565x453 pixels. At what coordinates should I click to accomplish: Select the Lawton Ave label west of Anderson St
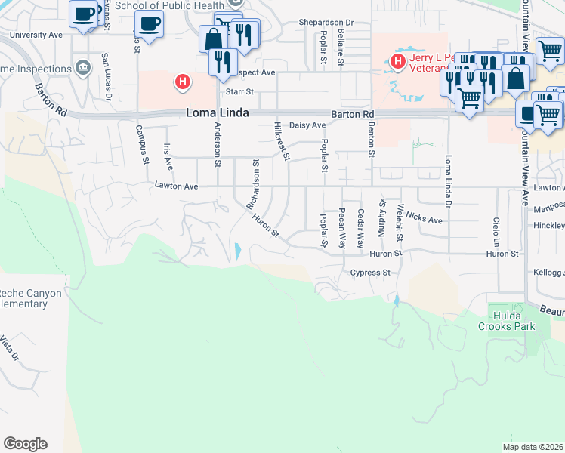click(176, 185)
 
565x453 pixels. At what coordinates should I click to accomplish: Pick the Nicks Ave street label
click(424, 218)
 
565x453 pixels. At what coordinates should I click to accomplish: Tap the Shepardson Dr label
click(326, 23)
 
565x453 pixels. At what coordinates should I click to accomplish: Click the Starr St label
click(239, 91)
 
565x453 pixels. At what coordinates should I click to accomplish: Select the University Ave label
click(36, 35)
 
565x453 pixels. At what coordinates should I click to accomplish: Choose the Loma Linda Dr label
click(449, 180)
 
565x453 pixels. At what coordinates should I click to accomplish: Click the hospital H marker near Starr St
click(181, 82)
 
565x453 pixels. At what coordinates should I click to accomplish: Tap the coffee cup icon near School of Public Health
click(149, 23)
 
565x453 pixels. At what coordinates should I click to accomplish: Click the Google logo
click(25, 444)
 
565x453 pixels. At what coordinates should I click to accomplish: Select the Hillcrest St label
click(282, 141)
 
